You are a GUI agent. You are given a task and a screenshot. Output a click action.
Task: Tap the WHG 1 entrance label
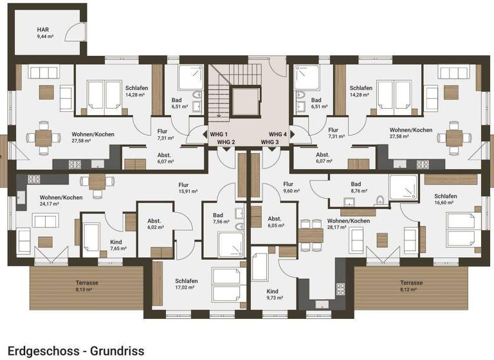[x=219, y=134]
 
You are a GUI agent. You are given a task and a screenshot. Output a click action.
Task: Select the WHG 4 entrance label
[x=278, y=134]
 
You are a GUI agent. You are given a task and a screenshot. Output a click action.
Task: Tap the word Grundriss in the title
[x=117, y=350]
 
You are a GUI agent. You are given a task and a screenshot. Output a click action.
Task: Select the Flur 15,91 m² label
[x=188, y=188]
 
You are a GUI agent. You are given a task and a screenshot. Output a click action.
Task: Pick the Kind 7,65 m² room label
[x=118, y=245]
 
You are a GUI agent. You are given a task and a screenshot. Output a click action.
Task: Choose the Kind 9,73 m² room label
[x=275, y=294]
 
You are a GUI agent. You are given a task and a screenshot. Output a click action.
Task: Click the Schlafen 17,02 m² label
[x=187, y=283]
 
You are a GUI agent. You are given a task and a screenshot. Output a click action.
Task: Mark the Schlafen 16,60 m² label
[x=446, y=199]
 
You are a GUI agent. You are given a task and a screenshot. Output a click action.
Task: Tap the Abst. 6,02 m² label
[x=156, y=224]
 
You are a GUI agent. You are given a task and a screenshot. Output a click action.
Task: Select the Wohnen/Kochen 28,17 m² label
[x=349, y=224]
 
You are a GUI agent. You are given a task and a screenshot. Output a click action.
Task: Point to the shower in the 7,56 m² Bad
[x=232, y=245]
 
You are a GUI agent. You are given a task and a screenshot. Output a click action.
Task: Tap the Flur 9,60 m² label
[x=291, y=187]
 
